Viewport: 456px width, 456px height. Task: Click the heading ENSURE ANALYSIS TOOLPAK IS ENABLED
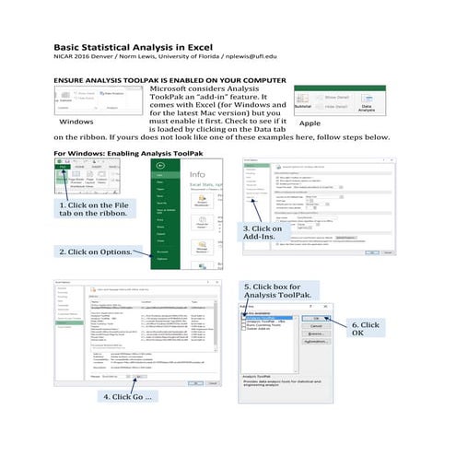pyautogui.click(x=175, y=82)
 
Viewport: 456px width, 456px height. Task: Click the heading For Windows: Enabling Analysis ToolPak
pyautogui.click(x=127, y=153)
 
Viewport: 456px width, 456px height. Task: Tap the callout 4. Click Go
pyautogui.click(x=127, y=395)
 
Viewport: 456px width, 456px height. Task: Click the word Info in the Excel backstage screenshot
pyautogui.click(x=197, y=173)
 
